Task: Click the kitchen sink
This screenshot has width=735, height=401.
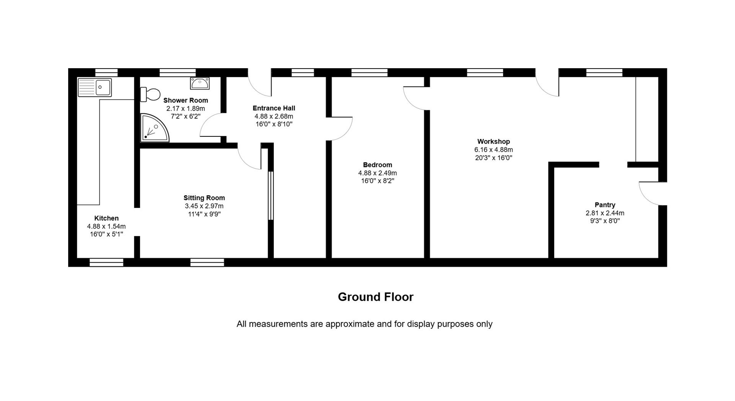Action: tap(95, 87)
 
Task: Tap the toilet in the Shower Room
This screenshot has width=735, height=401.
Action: tap(150, 94)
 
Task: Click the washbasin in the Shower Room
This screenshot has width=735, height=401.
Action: tap(200, 83)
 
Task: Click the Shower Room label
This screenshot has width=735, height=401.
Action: tap(186, 100)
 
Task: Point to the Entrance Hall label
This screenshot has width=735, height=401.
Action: tap(274, 108)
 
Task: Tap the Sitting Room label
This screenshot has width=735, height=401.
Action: tap(204, 198)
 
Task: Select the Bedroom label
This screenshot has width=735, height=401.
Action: tap(377, 165)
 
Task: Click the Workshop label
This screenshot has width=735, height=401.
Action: tap(493, 142)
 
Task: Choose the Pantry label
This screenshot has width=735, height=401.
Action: tap(605, 205)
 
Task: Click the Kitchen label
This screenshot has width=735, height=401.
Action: tap(106, 218)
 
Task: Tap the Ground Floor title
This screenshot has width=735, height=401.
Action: tap(376, 297)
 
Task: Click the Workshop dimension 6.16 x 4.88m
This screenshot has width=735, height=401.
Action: tap(493, 150)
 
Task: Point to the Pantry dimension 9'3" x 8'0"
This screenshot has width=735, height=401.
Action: tap(605, 221)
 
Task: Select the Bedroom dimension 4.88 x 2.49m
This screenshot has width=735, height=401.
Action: tap(377, 173)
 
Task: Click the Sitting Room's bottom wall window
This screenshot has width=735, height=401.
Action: tap(207, 262)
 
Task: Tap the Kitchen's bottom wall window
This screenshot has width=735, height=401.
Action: tap(106, 262)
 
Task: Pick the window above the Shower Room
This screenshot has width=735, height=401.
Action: tap(178, 72)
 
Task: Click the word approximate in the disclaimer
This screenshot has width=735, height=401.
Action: tap(350, 324)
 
